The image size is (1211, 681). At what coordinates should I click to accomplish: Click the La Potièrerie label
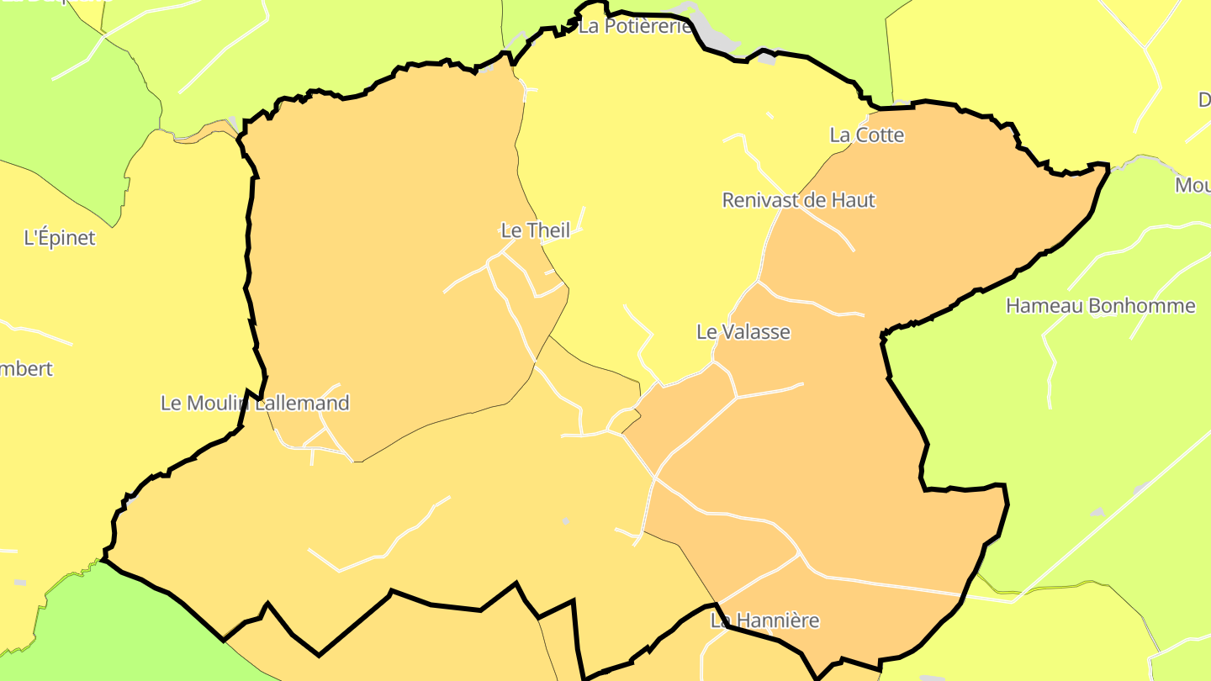click(635, 27)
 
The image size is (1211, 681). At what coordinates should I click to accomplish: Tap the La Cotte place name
click(866, 135)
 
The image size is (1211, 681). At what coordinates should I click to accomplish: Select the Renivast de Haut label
click(798, 200)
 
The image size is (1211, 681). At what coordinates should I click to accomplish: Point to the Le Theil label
click(535, 230)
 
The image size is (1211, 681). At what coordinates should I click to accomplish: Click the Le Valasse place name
click(743, 332)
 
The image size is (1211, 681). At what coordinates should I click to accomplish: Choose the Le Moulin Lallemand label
click(254, 404)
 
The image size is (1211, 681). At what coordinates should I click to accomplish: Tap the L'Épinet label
click(60, 238)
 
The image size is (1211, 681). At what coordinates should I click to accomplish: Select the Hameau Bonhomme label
click(1100, 306)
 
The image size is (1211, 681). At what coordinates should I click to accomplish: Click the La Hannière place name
click(764, 621)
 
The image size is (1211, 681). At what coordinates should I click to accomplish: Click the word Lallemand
click(302, 404)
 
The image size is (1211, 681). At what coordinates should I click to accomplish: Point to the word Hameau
click(1034, 306)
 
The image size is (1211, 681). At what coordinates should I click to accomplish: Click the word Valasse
click(755, 332)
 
